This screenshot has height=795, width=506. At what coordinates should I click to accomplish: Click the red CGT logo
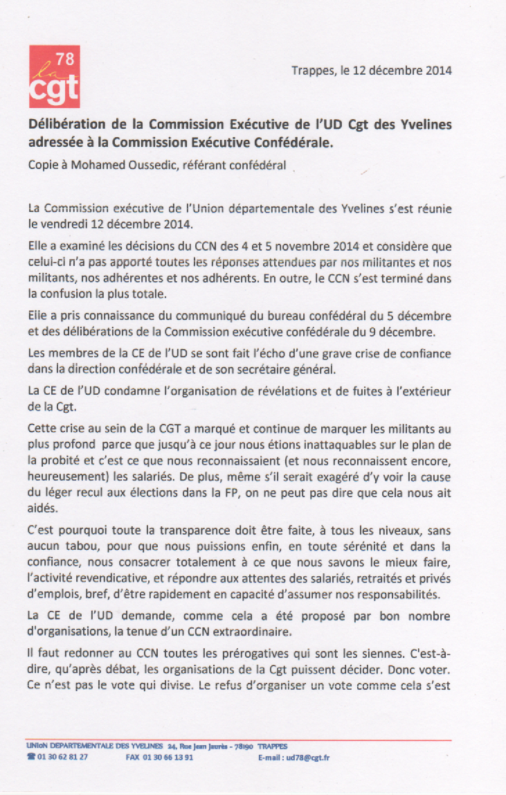click(54, 77)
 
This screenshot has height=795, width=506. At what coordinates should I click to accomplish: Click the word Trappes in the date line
click(312, 71)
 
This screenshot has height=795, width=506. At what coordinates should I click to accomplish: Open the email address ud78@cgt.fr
click(309, 758)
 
